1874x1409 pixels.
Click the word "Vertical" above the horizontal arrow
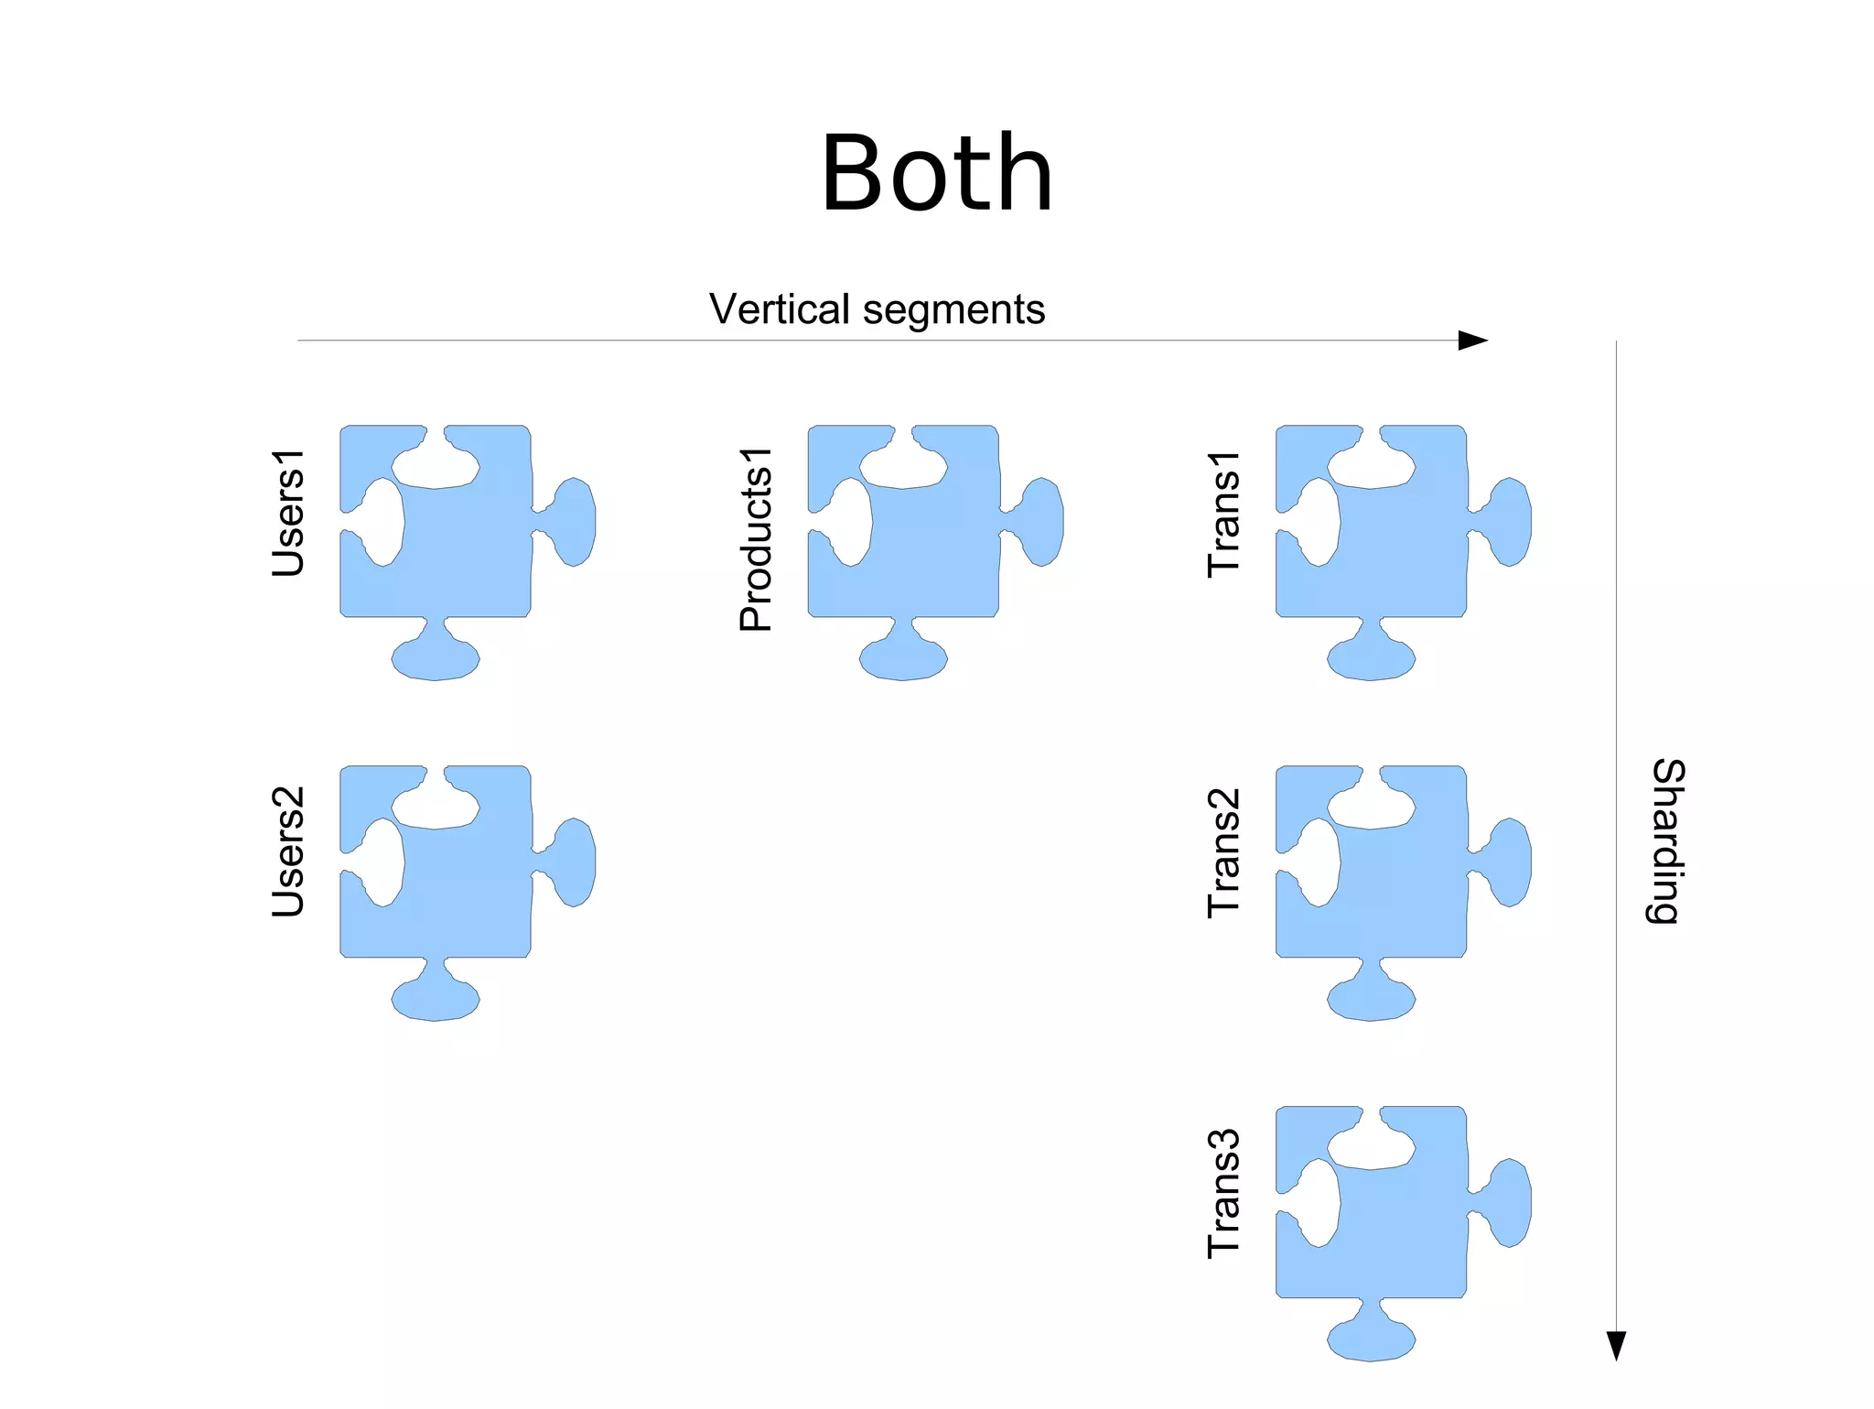tap(779, 309)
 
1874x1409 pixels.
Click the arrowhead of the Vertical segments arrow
tap(1472, 341)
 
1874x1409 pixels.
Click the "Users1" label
tap(287, 513)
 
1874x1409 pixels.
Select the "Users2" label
tap(287, 851)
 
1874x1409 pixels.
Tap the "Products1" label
tap(756, 539)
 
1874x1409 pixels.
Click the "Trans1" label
tap(1223, 514)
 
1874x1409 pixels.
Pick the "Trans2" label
tap(1223, 852)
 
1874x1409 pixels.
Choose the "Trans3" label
tap(1223, 1193)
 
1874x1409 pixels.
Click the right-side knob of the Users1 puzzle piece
tap(574, 521)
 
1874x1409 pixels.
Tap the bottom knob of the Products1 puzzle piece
tap(903, 658)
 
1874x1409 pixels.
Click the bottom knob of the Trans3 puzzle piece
tap(1371, 1339)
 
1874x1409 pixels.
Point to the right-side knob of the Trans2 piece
tap(1510, 862)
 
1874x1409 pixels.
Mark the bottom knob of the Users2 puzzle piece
tap(436, 999)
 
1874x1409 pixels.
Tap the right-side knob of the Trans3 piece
tap(1510, 1202)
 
